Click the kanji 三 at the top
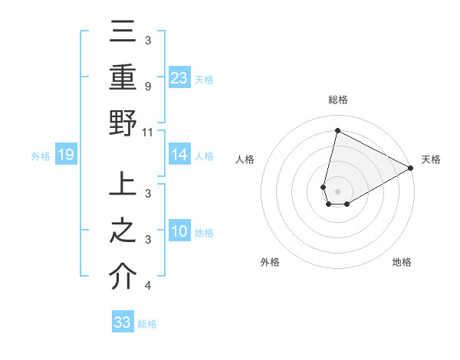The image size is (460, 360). [x=123, y=34]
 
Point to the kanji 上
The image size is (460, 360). [x=123, y=188]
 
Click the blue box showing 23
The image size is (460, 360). [x=179, y=77]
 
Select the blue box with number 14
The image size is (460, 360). [x=179, y=155]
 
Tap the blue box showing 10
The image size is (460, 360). [x=179, y=232]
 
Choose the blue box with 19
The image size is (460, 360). [x=65, y=155]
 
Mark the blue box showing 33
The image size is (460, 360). [x=123, y=322]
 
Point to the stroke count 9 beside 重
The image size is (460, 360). [x=147, y=87]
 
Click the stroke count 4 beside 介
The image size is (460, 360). [x=147, y=286]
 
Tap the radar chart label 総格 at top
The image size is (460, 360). [x=338, y=100]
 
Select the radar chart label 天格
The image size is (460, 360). [x=431, y=159]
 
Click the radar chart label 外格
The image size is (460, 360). [x=270, y=262]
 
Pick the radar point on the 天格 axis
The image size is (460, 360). [x=411, y=168]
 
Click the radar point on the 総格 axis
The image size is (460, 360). [x=337, y=130]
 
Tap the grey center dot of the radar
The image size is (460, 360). [x=337, y=191]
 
